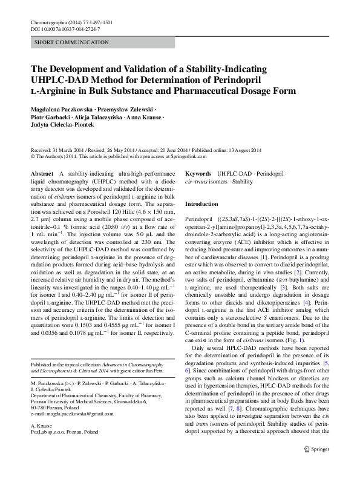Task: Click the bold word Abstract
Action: pyautogui.click(x=42, y=173)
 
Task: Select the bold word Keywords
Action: pyautogui.click(x=198, y=173)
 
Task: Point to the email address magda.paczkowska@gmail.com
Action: pyautogui.click(x=72, y=414)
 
